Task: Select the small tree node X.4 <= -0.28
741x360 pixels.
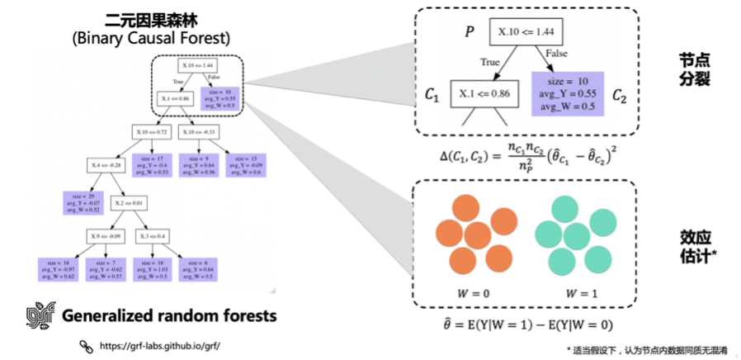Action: pyautogui.click(x=105, y=165)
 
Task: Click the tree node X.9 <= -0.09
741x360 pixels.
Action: pyautogui.click(x=106, y=237)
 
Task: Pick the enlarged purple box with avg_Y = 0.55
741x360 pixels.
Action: pyautogui.click(x=565, y=94)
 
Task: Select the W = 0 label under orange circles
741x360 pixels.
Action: pyautogui.click(x=468, y=291)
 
